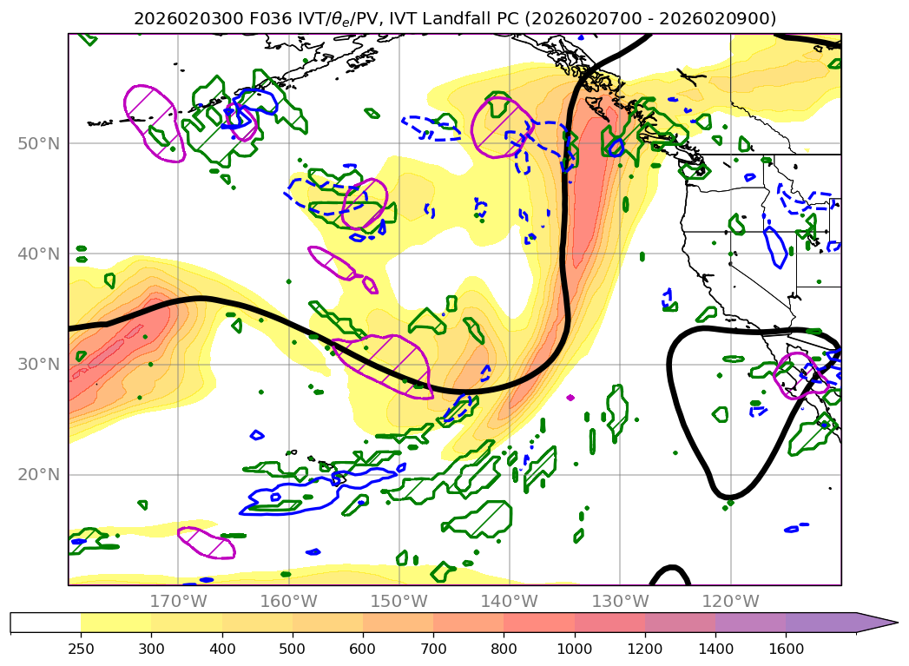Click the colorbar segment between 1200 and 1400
(x=680, y=623)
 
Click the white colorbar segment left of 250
(x=45, y=623)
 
